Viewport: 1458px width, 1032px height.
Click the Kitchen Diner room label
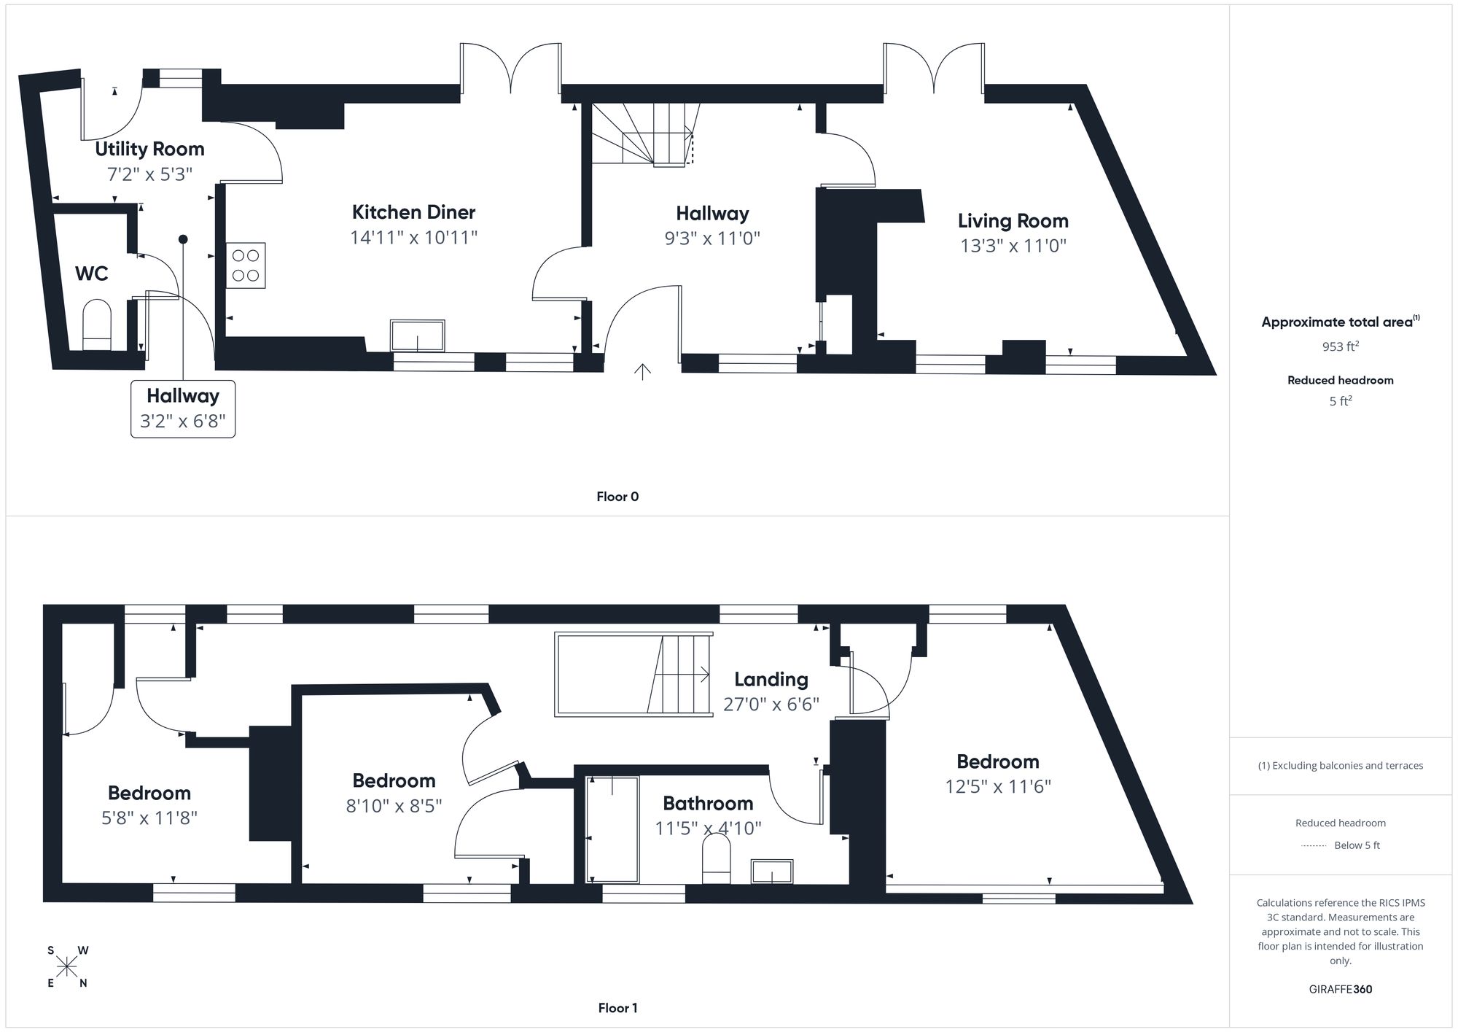pyautogui.click(x=413, y=212)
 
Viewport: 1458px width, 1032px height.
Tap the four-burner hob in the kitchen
pyautogui.click(x=246, y=265)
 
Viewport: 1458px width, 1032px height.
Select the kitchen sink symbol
pyautogui.click(x=417, y=335)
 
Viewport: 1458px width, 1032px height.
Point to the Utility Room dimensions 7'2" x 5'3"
pyautogui.click(x=149, y=174)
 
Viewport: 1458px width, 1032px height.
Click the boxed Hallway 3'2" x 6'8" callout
pyautogui.click(x=183, y=409)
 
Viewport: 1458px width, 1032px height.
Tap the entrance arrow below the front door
pyautogui.click(x=642, y=372)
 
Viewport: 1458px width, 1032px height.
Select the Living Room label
pyautogui.click(x=1013, y=221)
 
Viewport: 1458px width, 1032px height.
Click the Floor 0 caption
pyautogui.click(x=617, y=497)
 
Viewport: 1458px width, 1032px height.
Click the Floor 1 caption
pyautogui.click(x=617, y=1008)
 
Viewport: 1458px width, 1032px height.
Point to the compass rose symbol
pyautogui.click(x=67, y=967)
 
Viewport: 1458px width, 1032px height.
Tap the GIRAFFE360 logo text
pyautogui.click(x=1340, y=990)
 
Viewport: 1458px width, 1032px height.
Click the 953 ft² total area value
pyautogui.click(x=1340, y=346)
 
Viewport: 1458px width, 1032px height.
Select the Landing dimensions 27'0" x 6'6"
pyautogui.click(x=771, y=705)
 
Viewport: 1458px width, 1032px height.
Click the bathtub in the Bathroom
pyautogui.click(x=612, y=829)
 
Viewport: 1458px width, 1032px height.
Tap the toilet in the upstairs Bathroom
pyautogui.click(x=716, y=859)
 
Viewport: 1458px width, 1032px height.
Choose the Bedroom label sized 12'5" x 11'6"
pyautogui.click(x=997, y=762)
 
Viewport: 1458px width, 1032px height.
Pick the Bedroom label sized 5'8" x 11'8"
pyautogui.click(x=149, y=794)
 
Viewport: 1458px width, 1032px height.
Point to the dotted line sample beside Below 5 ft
pyautogui.click(x=1314, y=846)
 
